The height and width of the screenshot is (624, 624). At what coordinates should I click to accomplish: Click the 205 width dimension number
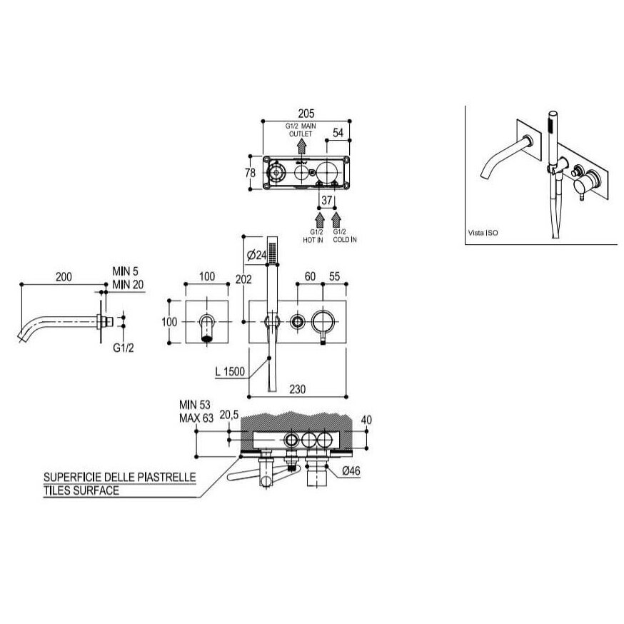(306, 114)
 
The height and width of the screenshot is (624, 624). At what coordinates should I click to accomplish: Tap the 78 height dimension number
(250, 173)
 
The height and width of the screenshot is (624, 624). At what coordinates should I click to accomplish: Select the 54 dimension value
(338, 133)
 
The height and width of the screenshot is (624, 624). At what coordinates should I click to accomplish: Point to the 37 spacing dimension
(327, 200)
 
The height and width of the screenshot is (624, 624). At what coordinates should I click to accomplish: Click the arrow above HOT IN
(319, 220)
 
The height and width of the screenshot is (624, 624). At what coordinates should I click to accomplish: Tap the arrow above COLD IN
(337, 220)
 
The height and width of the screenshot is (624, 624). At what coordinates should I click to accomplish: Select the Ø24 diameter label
(256, 255)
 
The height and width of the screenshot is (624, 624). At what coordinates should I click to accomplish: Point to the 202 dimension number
(243, 279)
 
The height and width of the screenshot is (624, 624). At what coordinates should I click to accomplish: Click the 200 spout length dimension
(64, 276)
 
